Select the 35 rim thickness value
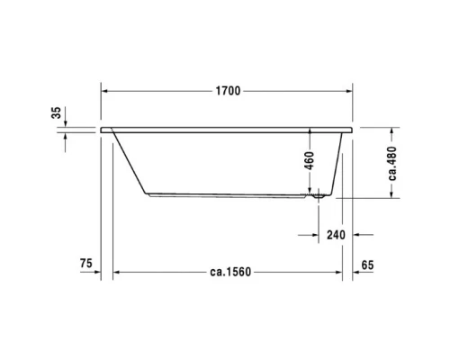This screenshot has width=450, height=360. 56,112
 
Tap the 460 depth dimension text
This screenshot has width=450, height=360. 310,162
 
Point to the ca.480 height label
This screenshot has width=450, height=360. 393,163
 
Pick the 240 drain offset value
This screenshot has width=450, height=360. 335,235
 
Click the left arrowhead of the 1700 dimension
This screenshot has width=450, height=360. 104,91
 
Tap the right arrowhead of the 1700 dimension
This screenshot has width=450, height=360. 347,91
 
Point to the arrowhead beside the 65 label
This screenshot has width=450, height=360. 355,274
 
